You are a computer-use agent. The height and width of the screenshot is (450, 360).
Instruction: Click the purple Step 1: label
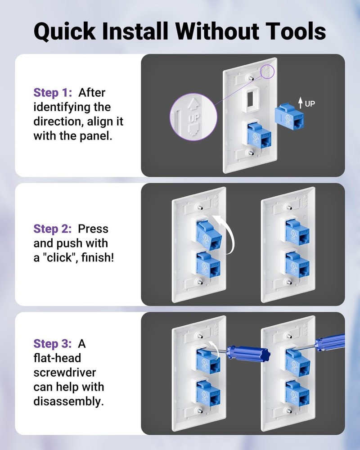pyautogui.click(x=54, y=93)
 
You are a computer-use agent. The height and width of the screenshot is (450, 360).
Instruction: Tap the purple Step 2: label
pyautogui.click(x=53, y=229)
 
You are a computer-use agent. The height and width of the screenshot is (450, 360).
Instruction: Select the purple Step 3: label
pyautogui.click(x=53, y=344)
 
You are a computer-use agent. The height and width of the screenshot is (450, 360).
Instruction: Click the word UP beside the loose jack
pyautogui.click(x=310, y=104)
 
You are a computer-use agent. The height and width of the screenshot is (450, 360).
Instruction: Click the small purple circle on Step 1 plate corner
pyautogui.click(x=268, y=71)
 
